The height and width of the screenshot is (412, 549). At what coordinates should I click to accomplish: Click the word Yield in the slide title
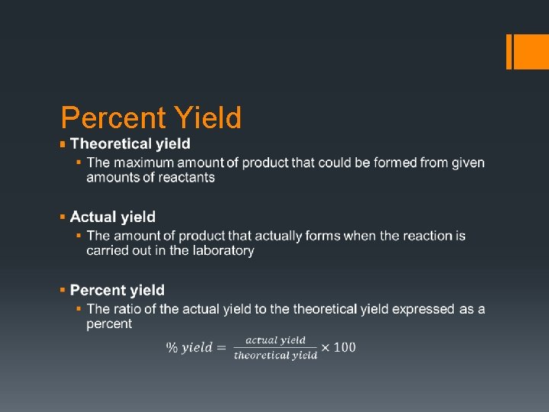tap(207, 118)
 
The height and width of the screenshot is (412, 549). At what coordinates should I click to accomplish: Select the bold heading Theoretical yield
tap(130, 143)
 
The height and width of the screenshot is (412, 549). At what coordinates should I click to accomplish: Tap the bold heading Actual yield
tap(113, 217)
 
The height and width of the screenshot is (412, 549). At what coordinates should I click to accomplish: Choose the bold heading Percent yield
tap(117, 290)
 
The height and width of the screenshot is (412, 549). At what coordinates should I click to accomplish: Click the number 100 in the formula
tap(345, 347)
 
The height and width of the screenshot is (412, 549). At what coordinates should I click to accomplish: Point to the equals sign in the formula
tap(222, 348)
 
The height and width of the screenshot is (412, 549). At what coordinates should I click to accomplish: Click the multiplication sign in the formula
tap(326, 348)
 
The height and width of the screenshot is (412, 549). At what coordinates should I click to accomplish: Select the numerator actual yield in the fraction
tap(275, 340)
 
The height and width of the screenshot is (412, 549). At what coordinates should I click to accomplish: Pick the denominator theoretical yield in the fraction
tap(275, 355)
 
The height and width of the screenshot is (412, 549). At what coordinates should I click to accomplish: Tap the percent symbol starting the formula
tap(172, 348)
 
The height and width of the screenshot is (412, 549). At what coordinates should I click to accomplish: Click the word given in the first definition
tap(468, 163)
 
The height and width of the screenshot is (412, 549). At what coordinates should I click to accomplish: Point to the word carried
tap(108, 250)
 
